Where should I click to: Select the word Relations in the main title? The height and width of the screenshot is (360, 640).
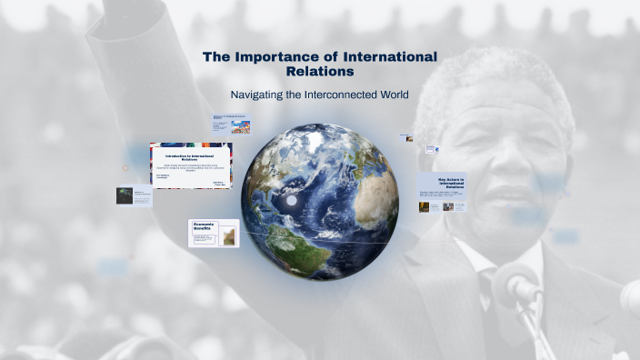[319, 71]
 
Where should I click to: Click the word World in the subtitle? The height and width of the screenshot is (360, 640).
[393, 95]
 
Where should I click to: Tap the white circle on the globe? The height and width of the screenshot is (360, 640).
[293, 201]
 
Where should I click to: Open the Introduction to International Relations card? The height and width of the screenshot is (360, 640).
[191, 165]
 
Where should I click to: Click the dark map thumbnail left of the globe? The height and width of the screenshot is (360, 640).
[124, 195]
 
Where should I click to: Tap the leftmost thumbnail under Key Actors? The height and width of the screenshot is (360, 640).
[425, 206]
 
